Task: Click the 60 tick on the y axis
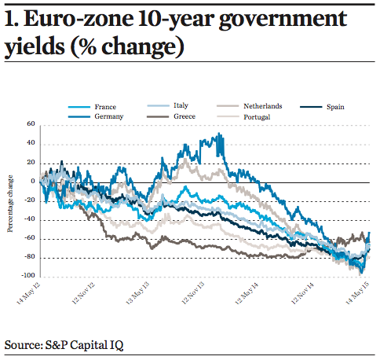click(x=32, y=124)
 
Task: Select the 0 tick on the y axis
click(x=34, y=182)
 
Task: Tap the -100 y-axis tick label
click(x=31, y=277)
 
